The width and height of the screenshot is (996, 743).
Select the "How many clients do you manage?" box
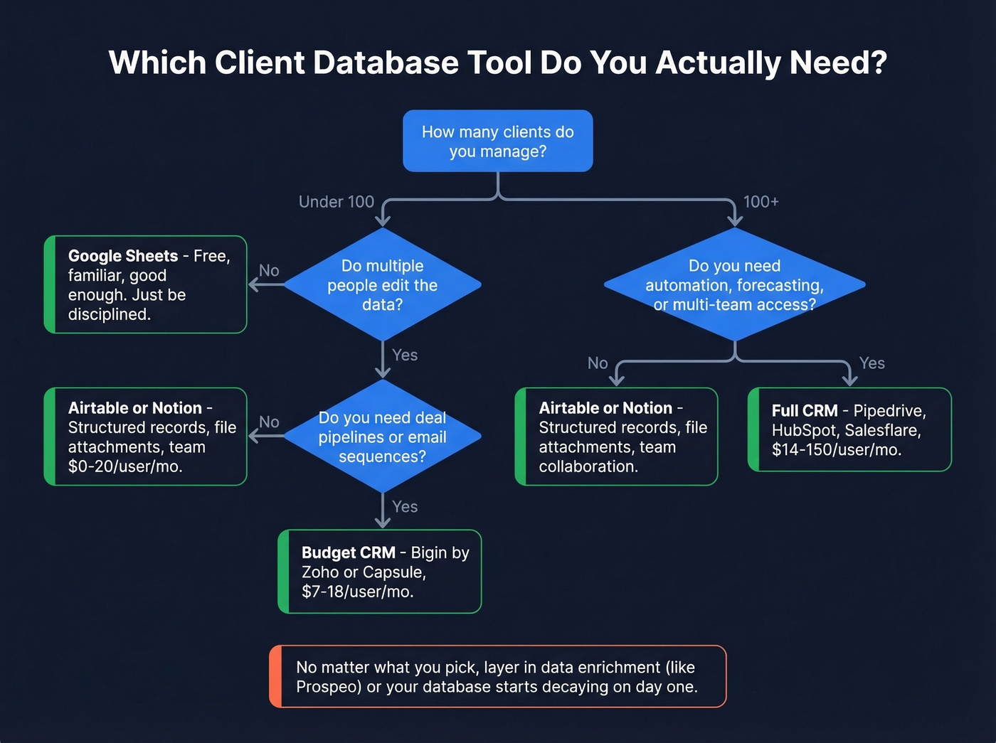click(497, 141)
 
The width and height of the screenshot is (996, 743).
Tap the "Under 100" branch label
click(336, 202)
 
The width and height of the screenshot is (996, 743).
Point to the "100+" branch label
click(761, 202)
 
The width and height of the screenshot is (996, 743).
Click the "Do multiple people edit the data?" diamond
click(383, 285)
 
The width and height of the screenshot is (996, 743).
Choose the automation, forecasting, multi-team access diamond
click(734, 285)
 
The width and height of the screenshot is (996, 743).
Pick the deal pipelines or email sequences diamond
click(383, 437)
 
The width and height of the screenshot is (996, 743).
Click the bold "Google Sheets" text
click(123, 256)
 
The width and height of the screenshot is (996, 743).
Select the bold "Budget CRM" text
click(348, 552)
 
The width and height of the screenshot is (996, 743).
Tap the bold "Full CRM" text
click(804, 411)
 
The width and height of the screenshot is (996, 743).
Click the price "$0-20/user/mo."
click(125, 466)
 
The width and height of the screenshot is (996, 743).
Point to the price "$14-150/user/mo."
click(836, 449)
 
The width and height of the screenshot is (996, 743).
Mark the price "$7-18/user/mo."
click(357, 592)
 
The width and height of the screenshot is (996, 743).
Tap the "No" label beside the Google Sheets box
click(269, 271)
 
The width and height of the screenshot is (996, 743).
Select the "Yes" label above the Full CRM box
click(871, 363)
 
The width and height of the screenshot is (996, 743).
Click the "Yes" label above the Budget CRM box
click(405, 507)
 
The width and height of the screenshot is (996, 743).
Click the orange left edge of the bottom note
click(275, 677)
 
